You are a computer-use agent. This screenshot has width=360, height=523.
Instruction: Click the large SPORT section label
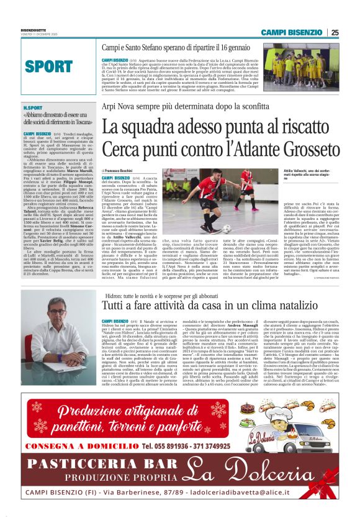click(49, 66)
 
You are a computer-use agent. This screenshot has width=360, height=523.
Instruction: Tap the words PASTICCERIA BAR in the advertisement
click(89, 466)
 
